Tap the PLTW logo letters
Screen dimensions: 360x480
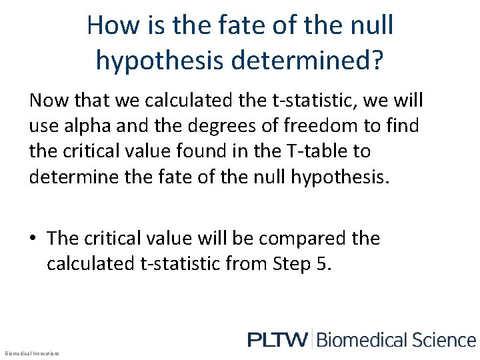pyautogui.click(x=277, y=340)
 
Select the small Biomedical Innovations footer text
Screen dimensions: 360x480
pyautogui.click(x=31, y=353)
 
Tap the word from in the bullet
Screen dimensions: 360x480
pyautogui.click(x=249, y=263)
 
